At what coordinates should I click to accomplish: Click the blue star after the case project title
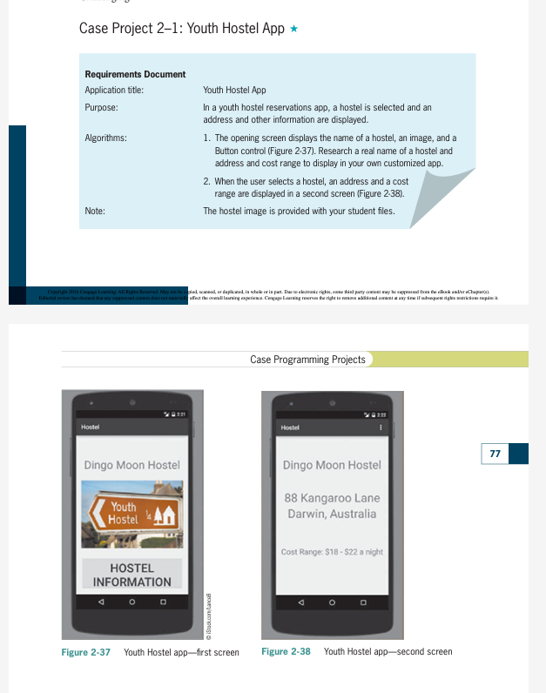294,30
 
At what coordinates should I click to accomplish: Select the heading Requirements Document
135,75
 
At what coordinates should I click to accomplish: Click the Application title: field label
114,90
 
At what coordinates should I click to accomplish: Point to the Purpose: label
101,107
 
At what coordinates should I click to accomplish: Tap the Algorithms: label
105,138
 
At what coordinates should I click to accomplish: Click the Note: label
95,211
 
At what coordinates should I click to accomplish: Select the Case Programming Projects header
307,360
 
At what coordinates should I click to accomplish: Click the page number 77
495,454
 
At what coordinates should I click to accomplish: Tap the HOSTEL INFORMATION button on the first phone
132,575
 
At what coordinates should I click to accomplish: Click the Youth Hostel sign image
132,515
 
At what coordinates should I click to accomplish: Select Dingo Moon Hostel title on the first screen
132,465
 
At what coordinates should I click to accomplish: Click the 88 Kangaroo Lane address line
332,498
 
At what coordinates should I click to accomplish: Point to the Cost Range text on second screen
332,552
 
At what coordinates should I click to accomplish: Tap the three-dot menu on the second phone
381,427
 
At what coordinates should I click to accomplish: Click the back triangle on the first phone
102,602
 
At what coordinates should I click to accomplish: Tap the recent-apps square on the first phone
162,602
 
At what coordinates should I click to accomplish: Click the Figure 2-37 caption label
85,652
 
